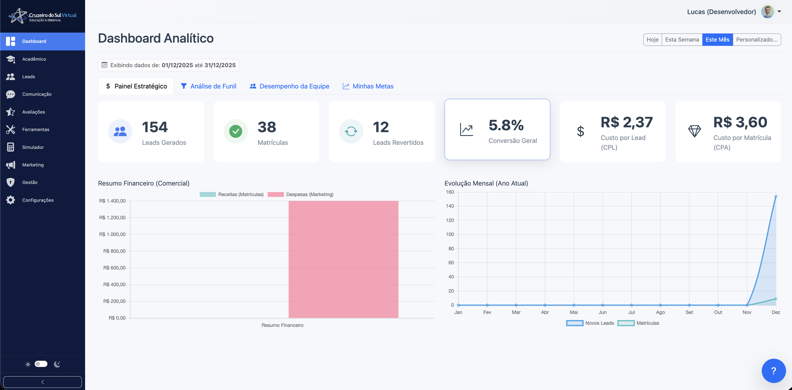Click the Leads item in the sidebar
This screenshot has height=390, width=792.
(28, 77)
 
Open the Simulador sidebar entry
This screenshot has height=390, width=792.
(33, 147)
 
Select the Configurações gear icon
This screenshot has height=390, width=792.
(11, 200)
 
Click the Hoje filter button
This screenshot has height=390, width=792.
(652, 40)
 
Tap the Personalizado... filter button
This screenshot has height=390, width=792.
(756, 40)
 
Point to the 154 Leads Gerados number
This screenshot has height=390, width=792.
(155, 127)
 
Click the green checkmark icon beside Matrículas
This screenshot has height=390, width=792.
(236, 131)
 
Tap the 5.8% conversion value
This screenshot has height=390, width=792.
(506, 125)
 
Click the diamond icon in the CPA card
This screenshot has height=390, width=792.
(694, 131)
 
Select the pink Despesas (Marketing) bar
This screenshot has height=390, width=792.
(343, 259)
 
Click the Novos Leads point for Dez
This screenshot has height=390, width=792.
(776, 197)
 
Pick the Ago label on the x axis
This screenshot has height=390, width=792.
(660, 312)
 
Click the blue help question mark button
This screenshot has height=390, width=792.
(774, 371)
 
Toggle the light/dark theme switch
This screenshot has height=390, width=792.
(41, 364)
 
